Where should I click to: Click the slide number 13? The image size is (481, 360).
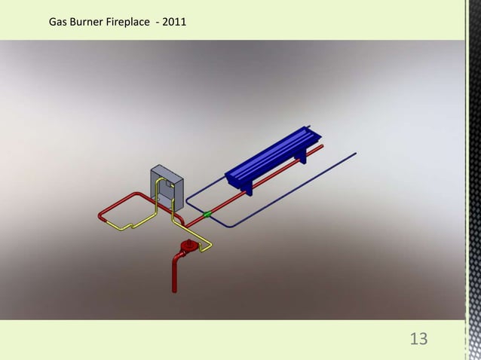(418, 339)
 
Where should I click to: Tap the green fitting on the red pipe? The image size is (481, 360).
(206, 215)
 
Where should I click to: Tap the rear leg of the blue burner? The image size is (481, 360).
(303, 157)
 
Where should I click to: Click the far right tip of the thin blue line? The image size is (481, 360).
(356, 154)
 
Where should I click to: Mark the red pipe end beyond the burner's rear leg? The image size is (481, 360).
(322, 148)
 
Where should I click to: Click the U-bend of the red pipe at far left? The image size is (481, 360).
(101, 216)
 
